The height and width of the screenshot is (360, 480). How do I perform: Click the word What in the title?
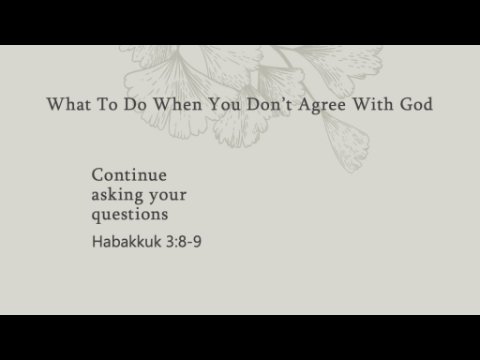tap(69, 104)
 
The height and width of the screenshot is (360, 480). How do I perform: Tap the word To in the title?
tap(107, 104)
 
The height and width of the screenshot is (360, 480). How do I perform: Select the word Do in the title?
tap(135, 104)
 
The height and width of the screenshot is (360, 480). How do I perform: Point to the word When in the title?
tap(178, 104)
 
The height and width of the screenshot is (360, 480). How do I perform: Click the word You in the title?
tap(224, 104)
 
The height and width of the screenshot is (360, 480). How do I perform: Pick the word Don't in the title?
tap(269, 104)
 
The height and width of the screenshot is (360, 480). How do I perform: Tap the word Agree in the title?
tap(322, 105)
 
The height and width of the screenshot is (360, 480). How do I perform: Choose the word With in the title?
tap(373, 104)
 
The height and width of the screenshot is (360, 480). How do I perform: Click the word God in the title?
tap(416, 104)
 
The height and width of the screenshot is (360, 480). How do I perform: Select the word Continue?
tap(129, 175)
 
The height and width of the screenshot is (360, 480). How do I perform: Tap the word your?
tap(168, 196)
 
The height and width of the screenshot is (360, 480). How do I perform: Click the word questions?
tap(130, 215)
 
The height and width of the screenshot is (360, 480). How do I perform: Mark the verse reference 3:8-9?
tap(184, 242)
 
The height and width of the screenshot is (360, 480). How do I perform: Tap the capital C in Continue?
tap(97, 175)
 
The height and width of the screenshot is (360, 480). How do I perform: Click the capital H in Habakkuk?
tap(97, 242)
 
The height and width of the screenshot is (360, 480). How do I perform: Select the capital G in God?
tap(406, 104)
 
